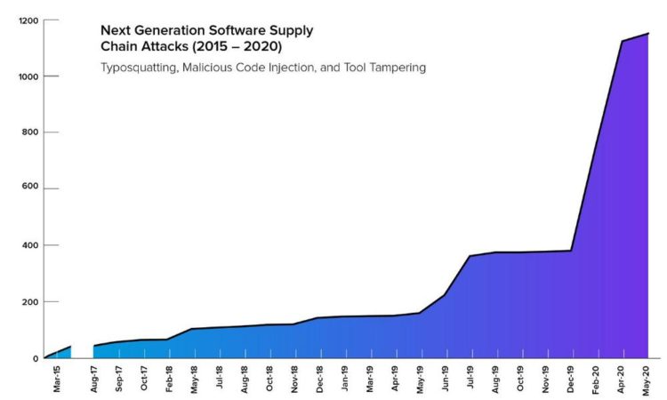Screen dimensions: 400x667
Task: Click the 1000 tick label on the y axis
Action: [27, 76]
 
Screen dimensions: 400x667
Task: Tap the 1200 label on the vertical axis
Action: [27, 20]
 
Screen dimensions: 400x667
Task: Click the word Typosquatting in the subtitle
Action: [137, 68]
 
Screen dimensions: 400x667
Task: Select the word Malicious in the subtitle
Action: [207, 68]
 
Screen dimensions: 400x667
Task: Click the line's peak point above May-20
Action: [647, 34]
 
